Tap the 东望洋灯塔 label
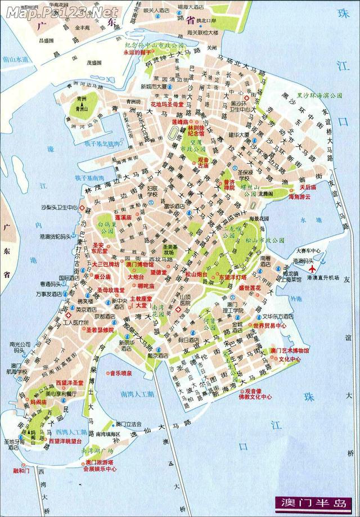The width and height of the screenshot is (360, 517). [x=233, y=277]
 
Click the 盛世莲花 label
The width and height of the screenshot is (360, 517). [x=250, y=287]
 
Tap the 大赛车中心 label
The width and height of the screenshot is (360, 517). [x=308, y=251]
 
